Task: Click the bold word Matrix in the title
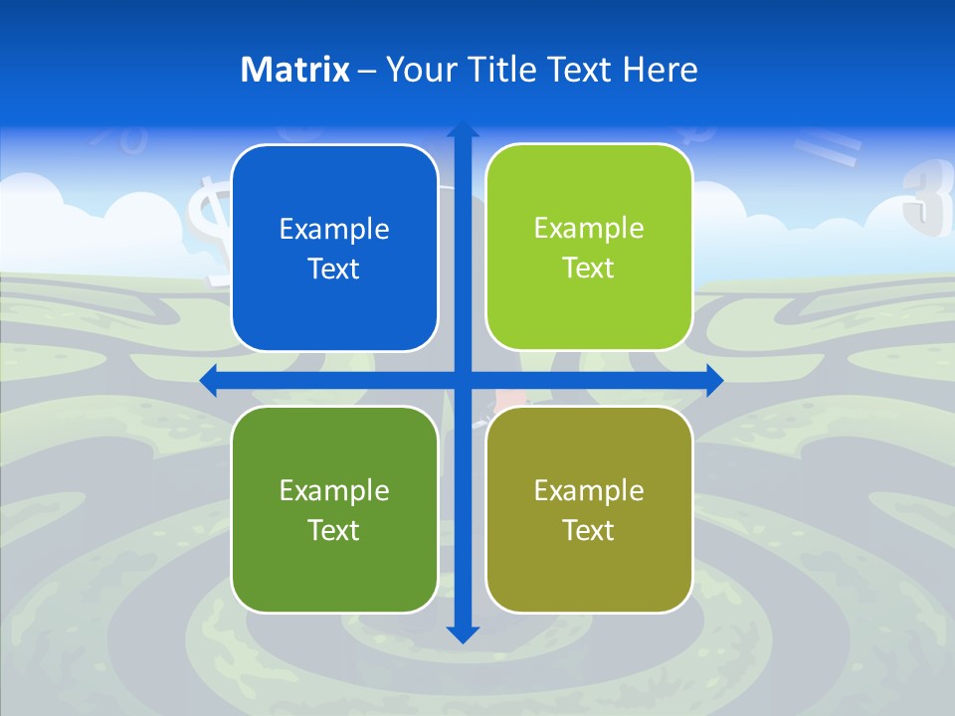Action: [294, 70]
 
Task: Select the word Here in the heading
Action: [660, 70]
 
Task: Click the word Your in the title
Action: [419, 70]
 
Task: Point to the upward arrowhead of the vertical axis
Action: [463, 130]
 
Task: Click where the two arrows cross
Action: [463, 380]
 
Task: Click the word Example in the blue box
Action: [334, 230]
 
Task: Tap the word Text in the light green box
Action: [589, 268]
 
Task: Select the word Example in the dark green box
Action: [334, 490]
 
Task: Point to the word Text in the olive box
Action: [589, 530]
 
